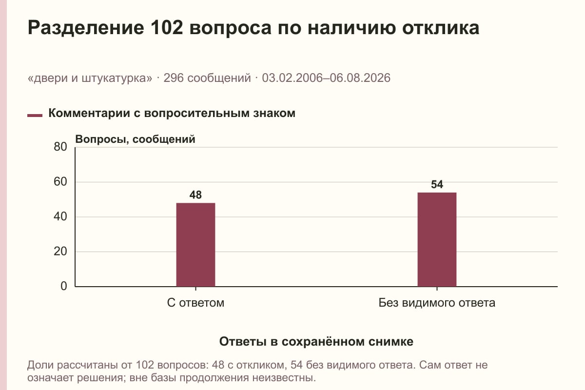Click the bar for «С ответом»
[x=195, y=245]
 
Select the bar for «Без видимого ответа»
[x=437, y=239]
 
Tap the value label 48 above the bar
[x=195, y=195]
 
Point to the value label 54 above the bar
[x=437, y=184]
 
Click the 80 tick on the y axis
[x=60, y=147]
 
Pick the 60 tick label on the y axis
[x=60, y=182]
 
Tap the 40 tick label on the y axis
[x=60, y=216]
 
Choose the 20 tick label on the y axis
[x=60, y=252]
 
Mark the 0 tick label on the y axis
[x=64, y=286]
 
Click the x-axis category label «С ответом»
[x=195, y=303]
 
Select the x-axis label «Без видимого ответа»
[x=437, y=303]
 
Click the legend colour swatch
[x=35, y=115]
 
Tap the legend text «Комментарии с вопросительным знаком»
[x=172, y=114]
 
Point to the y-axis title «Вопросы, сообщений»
[x=136, y=139]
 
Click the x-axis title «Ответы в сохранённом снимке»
[x=316, y=342]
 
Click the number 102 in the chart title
[x=167, y=27]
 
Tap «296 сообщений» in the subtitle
[x=207, y=78]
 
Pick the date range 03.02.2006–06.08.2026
[x=326, y=78]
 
